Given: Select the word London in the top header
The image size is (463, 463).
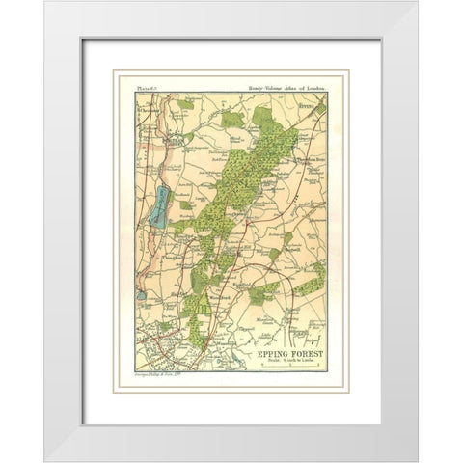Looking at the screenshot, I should point(315,87).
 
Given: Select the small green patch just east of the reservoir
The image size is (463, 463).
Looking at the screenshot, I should point(182,218).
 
